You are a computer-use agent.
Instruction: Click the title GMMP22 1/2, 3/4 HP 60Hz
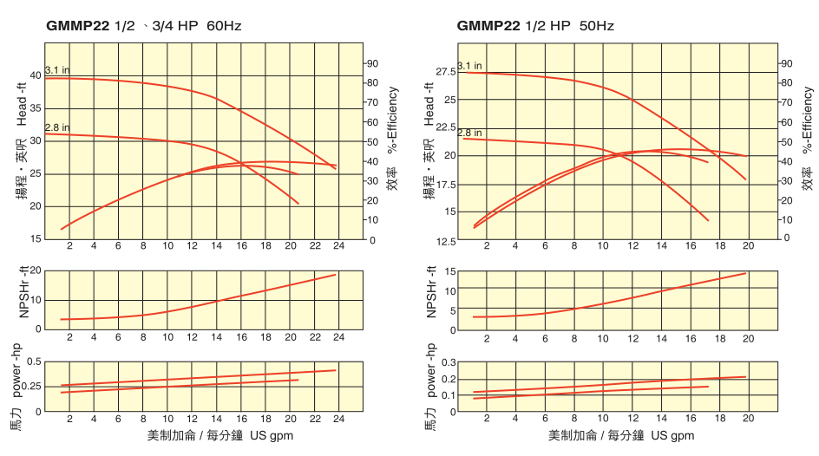click(x=143, y=26)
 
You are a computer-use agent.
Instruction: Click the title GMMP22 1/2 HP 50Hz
click(x=535, y=26)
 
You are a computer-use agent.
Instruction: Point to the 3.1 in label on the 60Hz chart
click(x=57, y=69)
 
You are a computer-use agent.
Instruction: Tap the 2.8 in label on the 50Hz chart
click(x=470, y=133)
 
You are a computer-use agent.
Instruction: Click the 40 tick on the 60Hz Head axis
click(x=36, y=75)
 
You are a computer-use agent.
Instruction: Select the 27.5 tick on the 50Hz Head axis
click(x=444, y=71)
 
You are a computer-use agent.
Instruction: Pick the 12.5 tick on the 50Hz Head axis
click(x=444, y=241)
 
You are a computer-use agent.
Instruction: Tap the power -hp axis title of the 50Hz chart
click(x=430, y=367)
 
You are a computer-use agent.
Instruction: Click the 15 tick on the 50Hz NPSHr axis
click(x=449, y=271)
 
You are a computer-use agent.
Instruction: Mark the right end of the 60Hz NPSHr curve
click(x=336, y=275)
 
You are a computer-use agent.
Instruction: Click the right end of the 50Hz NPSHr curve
click(x=746, y=273)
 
